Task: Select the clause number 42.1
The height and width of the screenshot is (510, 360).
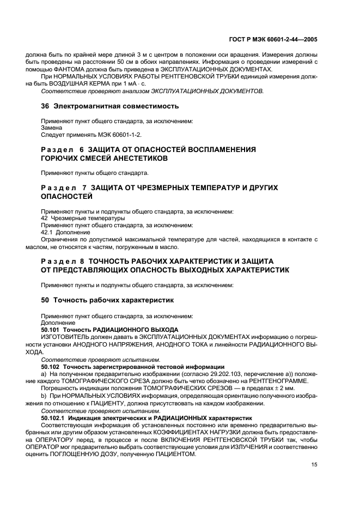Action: coord(48,232)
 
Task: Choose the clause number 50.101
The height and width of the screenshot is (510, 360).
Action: coord(51,330)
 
